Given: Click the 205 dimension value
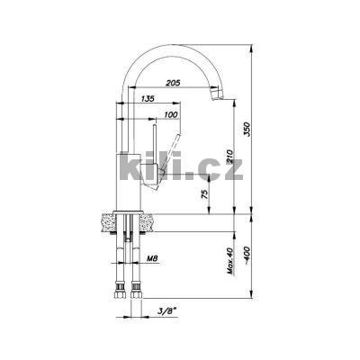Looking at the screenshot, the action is pyautogui.click(x=174, y=83).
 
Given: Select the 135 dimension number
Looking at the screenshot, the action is pyautogui.click(x=147, y=98).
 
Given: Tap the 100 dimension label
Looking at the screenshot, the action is pyautogui.click(x=171, y=114).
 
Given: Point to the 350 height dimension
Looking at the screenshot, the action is pyautogui.click(x=247, y=129).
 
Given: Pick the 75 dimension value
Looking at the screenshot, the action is pyautogui.click(x=204, y=194).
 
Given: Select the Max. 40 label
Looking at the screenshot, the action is pyautogui.click(x=230, y=261).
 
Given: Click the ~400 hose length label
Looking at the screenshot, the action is pyautogui.click(x=247, y=255).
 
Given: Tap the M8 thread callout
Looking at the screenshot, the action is pyautogui.click(x=153, y=257).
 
